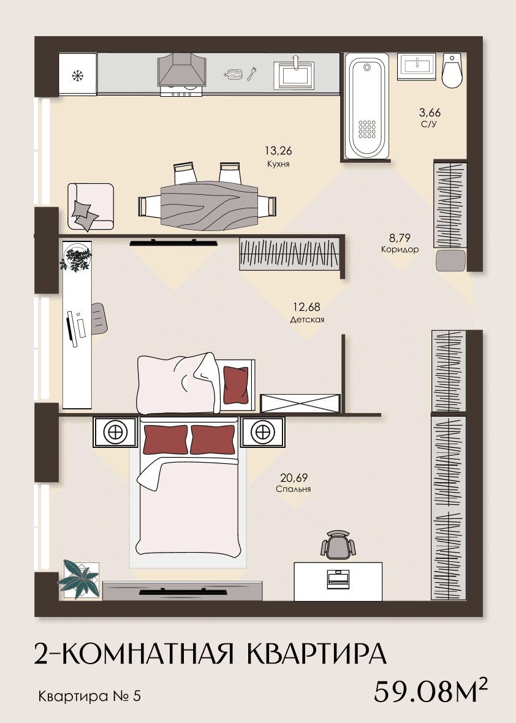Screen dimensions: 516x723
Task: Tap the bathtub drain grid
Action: (x=367, y=129)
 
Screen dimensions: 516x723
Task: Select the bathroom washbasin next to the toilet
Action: (x=416, y=67)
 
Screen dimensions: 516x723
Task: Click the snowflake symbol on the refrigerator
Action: (x=77, y=75)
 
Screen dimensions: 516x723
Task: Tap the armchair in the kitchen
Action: (x=90, y=206)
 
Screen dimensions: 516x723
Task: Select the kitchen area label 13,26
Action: (x=278, y=151)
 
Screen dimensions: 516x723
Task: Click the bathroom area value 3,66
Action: (x=430, y=113)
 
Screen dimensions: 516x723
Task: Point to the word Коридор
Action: (x=400, y=249)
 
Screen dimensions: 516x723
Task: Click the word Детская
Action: (x=307, y=319)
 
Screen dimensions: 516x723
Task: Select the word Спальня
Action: (x=294, y=489)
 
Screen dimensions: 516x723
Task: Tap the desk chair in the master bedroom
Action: (x=338, y=545)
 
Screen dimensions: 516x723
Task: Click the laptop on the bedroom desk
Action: (x=338, y=579)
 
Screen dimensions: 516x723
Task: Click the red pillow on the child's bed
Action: (x=236, y=385)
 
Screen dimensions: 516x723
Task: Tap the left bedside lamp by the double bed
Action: (x=115, y=433)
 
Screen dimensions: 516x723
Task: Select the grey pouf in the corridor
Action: (x=450, y=260)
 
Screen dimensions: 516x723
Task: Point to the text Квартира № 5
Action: (x=89, y=696)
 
